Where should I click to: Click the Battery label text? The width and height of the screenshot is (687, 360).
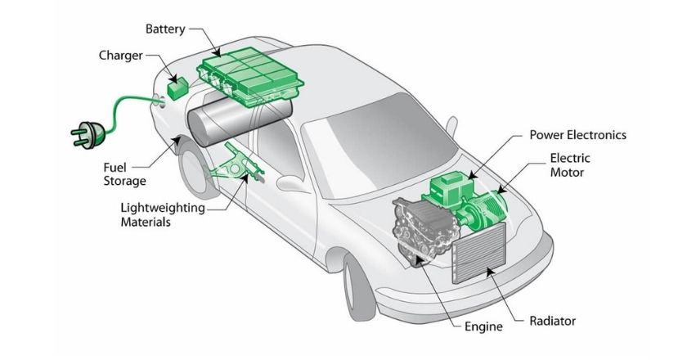point(167,29)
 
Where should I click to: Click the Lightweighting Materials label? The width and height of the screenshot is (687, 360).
point(162,215)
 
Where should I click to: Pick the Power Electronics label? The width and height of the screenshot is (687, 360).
point(577,134)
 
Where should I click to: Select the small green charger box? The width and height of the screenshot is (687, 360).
point(177,85)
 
